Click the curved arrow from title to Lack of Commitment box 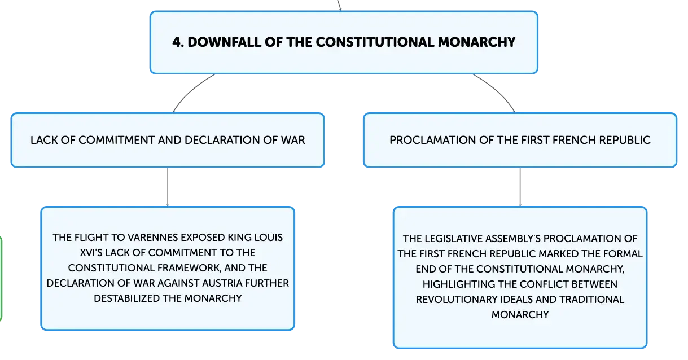(190, 90)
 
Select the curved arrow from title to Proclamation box (498, 90)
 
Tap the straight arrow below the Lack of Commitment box (168, 187)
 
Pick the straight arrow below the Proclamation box (520, 187)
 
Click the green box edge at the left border (1, 279)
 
